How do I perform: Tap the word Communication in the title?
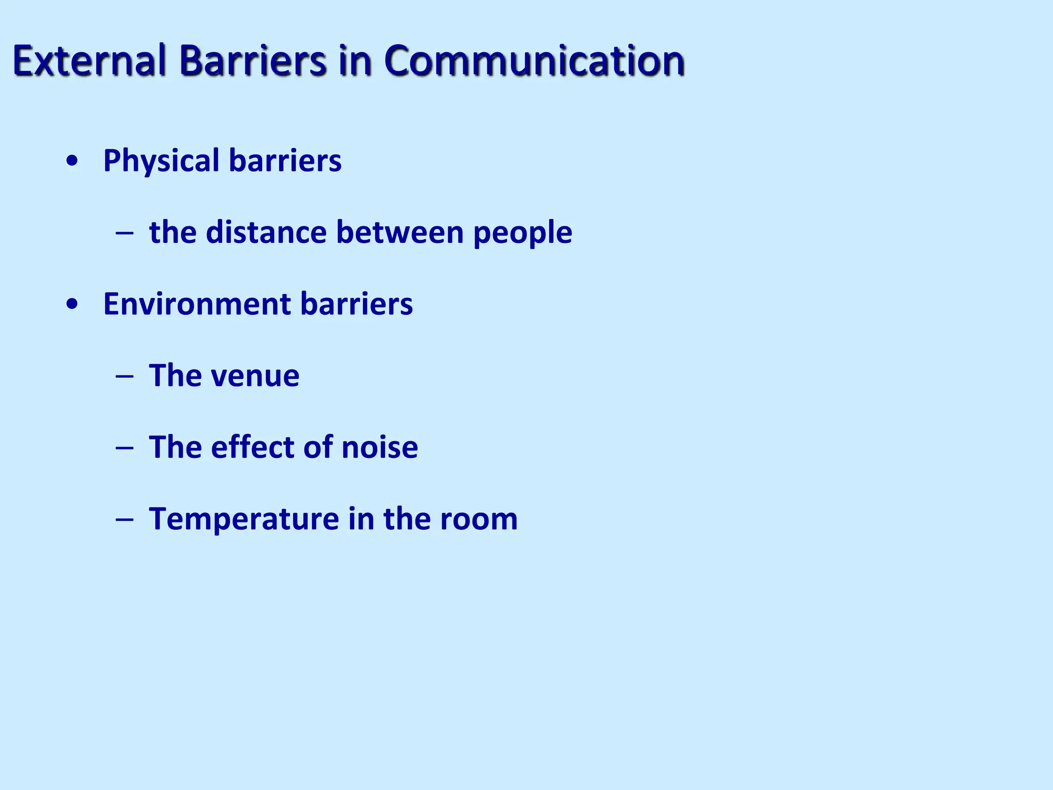coord(534,60)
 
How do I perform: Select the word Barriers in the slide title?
coord(252,60)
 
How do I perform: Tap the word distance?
coord(266,232)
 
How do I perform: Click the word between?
coord(400,232)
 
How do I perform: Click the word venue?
coord(256,376)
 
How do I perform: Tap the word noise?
coord(380,447)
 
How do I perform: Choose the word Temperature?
coord(244,519)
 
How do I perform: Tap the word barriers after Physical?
coord(285,160)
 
